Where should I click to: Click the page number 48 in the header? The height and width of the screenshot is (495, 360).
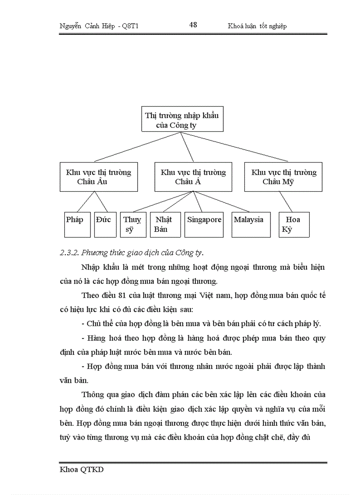(193, 25)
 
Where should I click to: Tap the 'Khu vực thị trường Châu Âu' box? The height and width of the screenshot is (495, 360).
(98, 177)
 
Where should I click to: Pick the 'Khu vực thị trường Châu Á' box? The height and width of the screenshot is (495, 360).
(193, 177)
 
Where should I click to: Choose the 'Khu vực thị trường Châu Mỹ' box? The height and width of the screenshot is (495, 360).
(284, 177)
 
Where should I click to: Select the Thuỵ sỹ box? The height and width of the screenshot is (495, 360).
(132, 224)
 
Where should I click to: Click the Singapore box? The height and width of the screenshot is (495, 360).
(203, 224)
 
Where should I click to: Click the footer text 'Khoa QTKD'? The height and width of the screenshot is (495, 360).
(82, 470)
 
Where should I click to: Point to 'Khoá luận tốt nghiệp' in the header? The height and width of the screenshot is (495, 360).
(257, 26)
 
